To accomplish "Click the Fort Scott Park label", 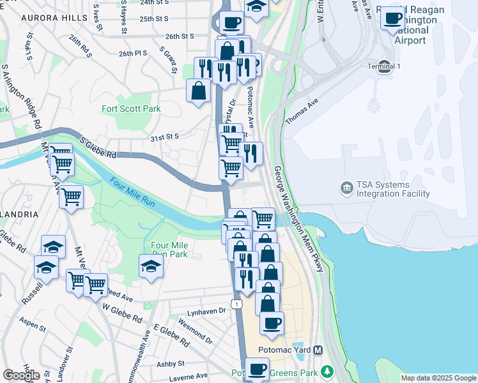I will coord(131,109).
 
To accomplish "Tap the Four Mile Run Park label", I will coord(169,250).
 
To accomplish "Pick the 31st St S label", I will coord(164,137).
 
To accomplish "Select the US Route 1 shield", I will coord(237,304).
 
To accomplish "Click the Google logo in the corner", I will coord(21,375).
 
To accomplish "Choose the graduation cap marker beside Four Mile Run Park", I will coord(151,267).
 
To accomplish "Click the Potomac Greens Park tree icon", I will coord(327,372).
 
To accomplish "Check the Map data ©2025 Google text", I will coord(438,378).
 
